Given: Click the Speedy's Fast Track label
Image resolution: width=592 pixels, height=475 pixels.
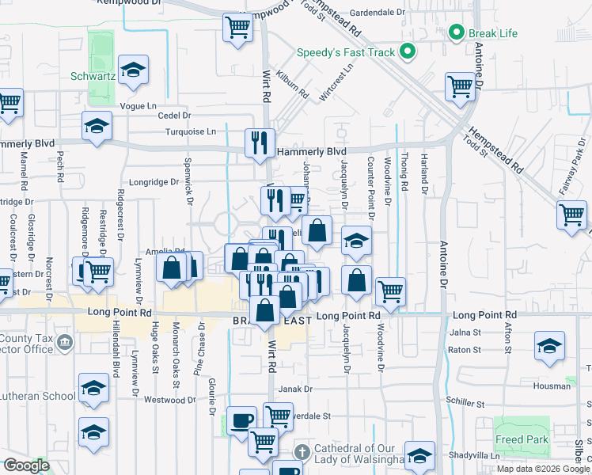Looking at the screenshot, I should pos(345,53).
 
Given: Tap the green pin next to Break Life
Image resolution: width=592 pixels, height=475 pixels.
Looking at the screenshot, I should pos(456,33).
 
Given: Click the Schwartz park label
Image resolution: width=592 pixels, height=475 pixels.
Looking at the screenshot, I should pos(93,77).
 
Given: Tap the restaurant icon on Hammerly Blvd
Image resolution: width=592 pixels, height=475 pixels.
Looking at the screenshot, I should pos(260,142).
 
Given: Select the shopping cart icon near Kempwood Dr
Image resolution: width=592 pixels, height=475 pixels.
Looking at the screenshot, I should pos(237,28).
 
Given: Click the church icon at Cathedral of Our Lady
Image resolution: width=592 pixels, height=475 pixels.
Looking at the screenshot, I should pos(301,452).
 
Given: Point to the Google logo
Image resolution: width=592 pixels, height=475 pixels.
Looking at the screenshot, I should pos(26,465).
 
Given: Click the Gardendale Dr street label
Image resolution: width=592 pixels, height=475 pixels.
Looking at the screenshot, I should pos(377,13).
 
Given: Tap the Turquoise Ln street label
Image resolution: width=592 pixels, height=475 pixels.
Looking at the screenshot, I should pos(190,131).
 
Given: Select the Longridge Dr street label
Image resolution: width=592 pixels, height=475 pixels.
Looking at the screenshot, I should pos(154,181).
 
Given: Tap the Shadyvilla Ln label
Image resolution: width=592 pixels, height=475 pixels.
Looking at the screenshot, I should pos(473,455).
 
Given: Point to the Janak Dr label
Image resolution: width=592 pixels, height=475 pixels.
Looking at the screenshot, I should pos(295,389).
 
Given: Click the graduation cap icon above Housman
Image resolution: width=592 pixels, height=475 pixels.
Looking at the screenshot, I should pos(549,345).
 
